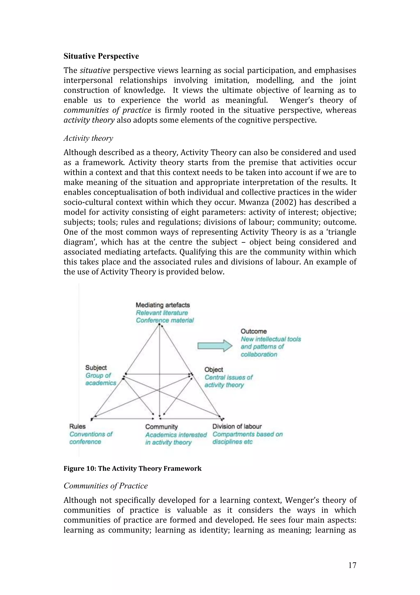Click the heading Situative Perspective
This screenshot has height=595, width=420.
coord(101,56)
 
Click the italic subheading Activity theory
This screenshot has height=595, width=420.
coord(88,138)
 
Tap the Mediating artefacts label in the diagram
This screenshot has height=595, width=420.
coord(163,305)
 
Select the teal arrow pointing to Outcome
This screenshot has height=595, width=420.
coord(215,346)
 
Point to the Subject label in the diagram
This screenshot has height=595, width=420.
coord(96,368)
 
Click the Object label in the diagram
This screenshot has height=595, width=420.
coord(213,370)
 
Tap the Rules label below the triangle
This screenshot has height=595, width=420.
coord(77,426)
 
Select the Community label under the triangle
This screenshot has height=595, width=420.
coord(161,427)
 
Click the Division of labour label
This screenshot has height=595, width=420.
coord(237,426)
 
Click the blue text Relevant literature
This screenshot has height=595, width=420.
coord(162,313)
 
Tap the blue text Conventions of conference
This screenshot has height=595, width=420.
coord(91,438)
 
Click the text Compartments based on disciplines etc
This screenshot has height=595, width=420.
coord(247,438)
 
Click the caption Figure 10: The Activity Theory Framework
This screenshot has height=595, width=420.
coord(132,469)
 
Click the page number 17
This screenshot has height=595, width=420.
coord(352,565)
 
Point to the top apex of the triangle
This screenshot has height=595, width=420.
coord(160,325)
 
